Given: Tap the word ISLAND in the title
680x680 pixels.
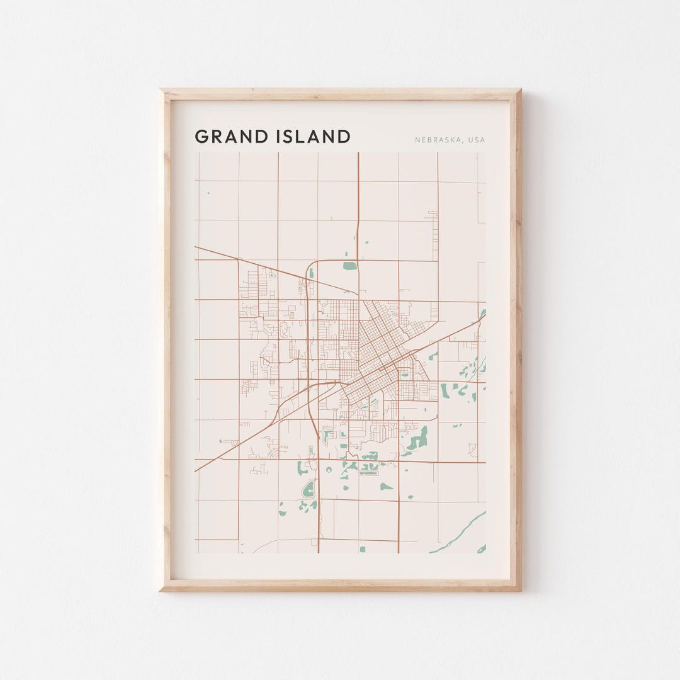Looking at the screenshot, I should tap(313, 137).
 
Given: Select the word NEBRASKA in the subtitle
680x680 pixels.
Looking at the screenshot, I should tap(437, 140).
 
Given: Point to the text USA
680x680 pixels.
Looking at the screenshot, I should tap(477, 140).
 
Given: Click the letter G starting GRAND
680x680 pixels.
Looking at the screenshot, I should tap(201, 137).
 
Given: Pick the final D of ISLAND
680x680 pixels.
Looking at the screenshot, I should tap(344, 137).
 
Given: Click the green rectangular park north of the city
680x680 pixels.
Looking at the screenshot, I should tap(349, 266).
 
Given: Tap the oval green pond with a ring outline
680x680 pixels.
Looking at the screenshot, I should tap(309, 489).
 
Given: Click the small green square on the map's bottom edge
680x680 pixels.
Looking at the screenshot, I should tap(362, 549).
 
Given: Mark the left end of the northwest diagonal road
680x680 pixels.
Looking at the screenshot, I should tap(196, 247).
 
